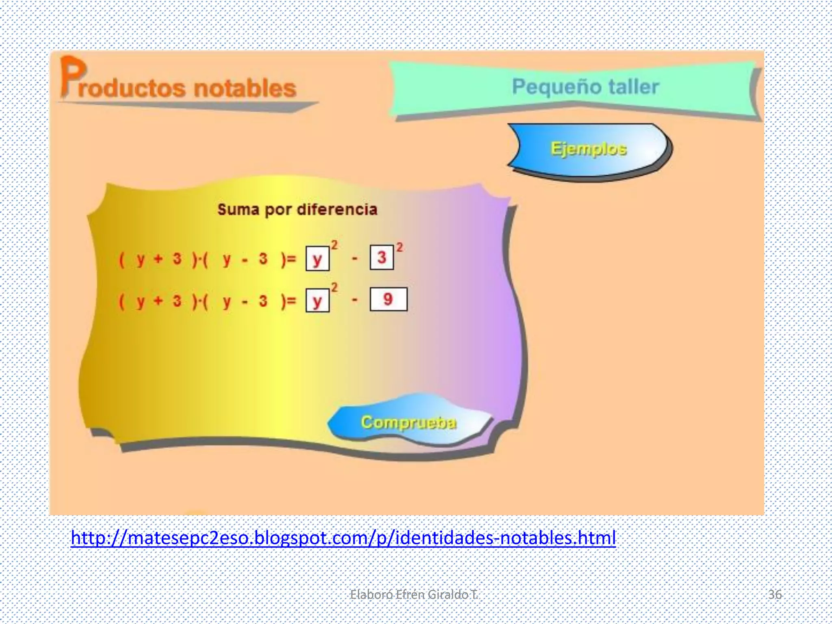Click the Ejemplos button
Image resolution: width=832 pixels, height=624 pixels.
[588, 149]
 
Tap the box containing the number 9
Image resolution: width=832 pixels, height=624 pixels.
[388, 299]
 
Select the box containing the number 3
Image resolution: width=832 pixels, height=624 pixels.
[382, 257]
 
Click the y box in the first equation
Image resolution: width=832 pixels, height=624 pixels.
[317, 259]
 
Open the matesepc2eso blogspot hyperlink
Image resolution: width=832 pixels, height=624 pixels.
[343, 537]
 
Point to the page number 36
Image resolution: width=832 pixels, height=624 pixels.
[775, 594]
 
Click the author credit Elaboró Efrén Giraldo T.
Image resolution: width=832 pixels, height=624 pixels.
[414, 594]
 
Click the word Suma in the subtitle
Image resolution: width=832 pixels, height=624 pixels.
[238, 210]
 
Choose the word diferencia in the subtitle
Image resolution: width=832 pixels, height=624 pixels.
[337, 210]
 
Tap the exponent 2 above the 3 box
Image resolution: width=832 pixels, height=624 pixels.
[400, 247]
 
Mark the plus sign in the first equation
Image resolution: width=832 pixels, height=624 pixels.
[158, 258]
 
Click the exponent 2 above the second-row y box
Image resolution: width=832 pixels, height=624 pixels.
[334, 288]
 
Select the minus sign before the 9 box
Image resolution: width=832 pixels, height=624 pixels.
[355, 301]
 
